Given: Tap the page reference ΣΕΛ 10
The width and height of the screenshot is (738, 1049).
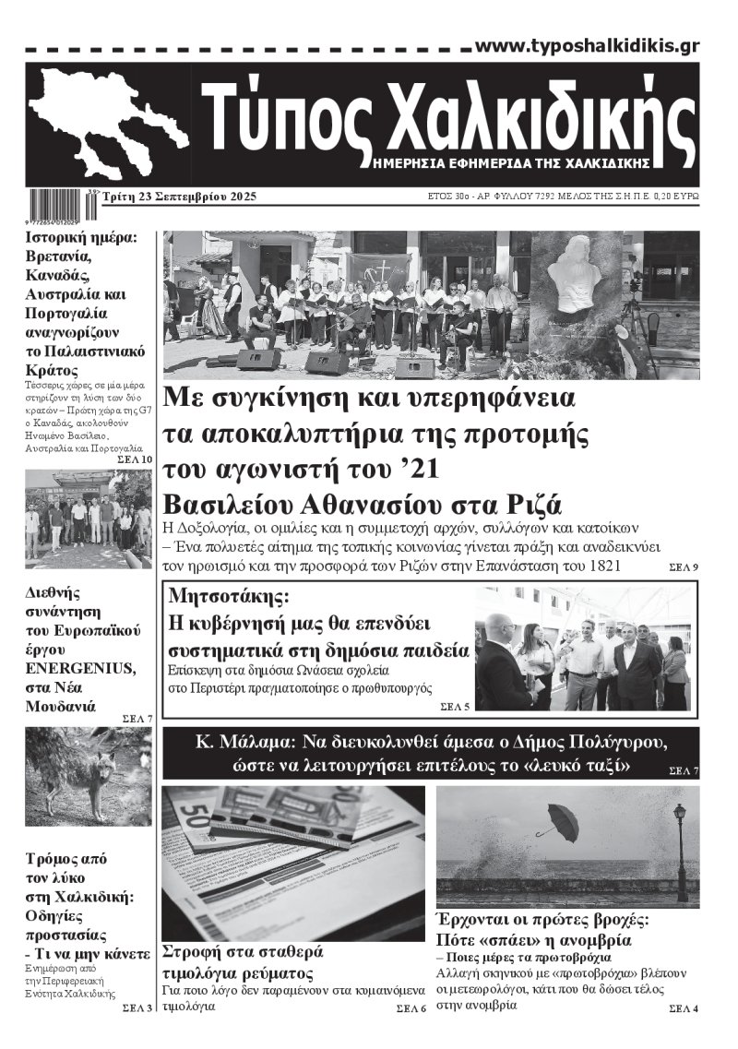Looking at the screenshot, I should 135,459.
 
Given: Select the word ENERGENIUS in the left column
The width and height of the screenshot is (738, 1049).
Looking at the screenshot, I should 71,669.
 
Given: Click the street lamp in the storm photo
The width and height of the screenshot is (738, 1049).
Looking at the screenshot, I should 680,849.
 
